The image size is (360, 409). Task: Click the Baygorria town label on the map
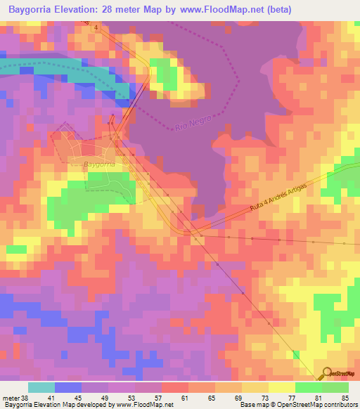(x=98, y=164)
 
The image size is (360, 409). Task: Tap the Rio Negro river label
(x=186, y=124)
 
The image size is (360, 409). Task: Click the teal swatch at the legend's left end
(x=41, y=387)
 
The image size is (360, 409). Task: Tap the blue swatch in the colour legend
(x=67, y=387)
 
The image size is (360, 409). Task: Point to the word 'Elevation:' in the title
(x=86, y=9)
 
